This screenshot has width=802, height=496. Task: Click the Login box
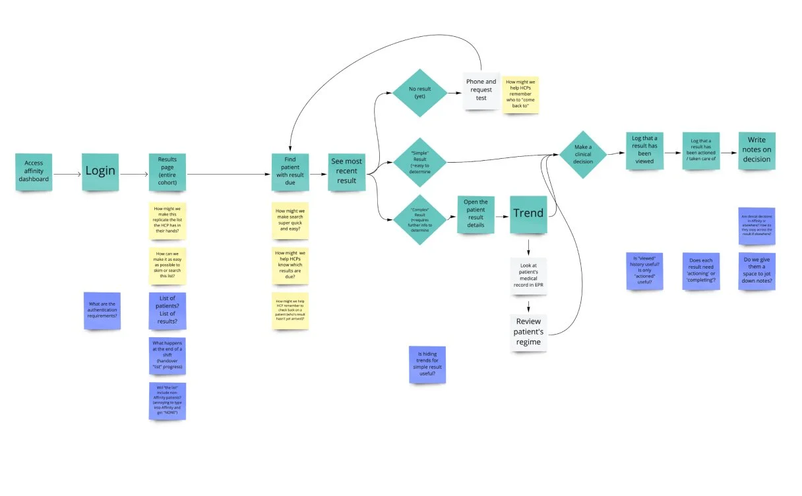[100, 171]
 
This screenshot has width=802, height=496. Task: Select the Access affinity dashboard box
[34, 171]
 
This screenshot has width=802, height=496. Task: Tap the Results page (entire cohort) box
[168, 172]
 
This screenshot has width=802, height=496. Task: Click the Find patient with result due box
[290, 172]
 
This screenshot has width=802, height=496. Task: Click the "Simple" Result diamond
[419, 162]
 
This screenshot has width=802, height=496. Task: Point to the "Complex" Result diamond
[419, 215]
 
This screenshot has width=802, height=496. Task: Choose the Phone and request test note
[481, 90]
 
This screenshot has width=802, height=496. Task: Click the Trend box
[529, 213]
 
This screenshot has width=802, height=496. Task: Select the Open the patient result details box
[476, 213]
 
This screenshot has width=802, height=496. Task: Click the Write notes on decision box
[756, 150]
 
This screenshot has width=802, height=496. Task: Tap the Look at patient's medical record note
[528, 277]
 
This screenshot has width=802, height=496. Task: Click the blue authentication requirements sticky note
[102, 310]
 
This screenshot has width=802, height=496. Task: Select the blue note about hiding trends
[427, 364]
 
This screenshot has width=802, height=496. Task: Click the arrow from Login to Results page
[134, 174]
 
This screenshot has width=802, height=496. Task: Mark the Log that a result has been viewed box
[644, 151]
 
